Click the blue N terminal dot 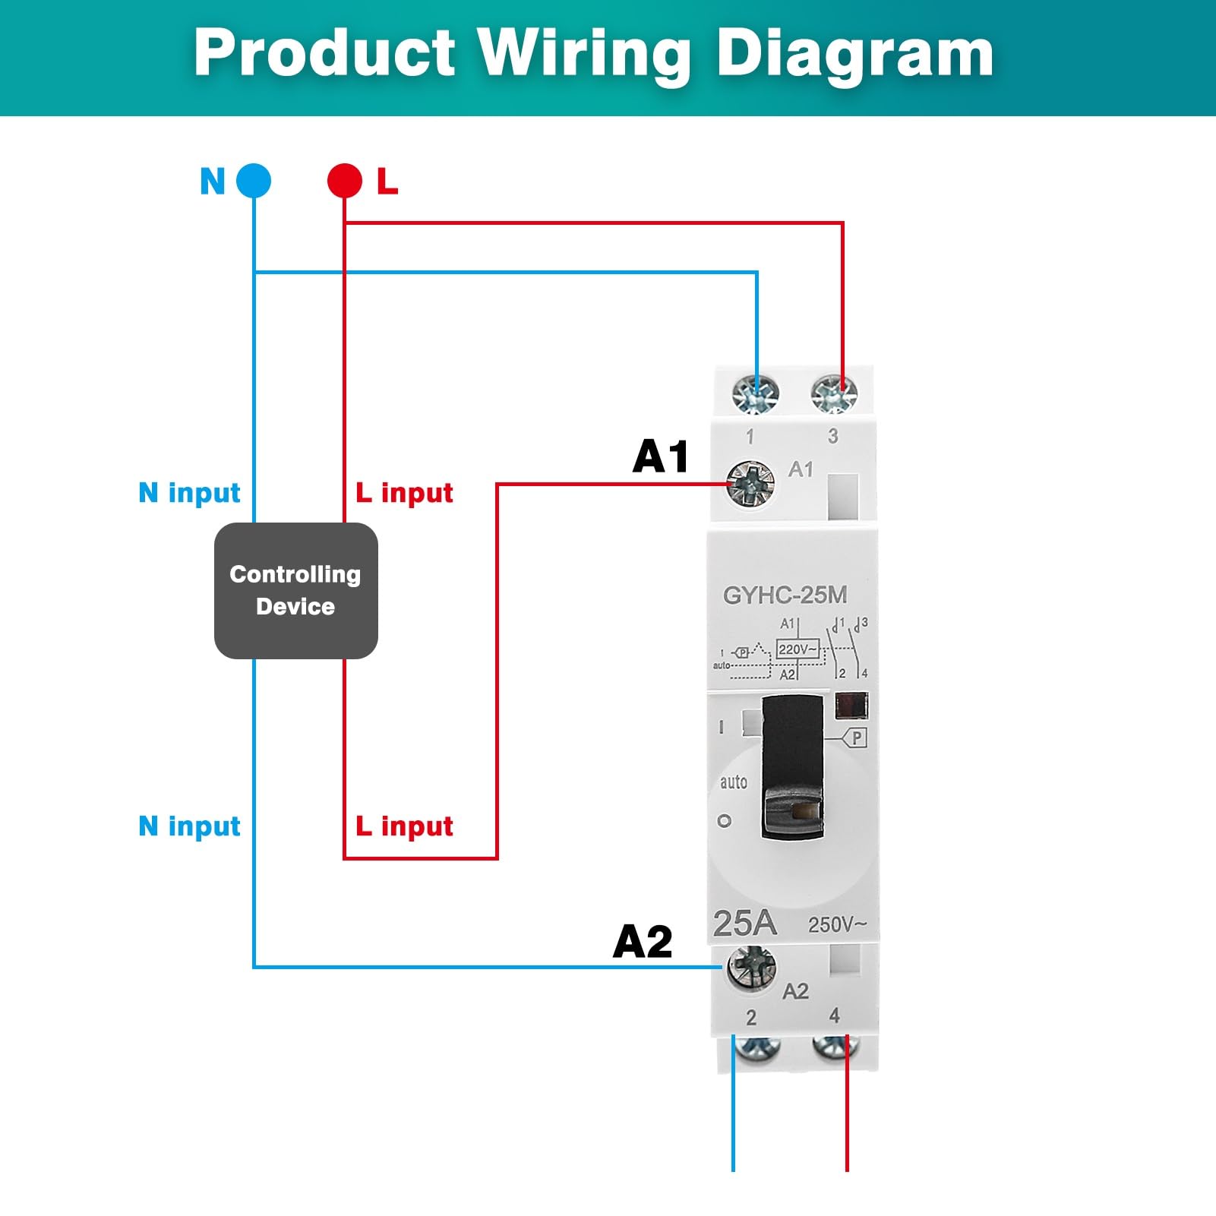(254, 181)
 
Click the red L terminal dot (345, 181)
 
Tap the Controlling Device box (296, 590)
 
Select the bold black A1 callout (661, 456)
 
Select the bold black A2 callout (643, 942)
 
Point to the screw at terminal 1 (756, 394)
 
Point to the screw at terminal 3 (834, 394)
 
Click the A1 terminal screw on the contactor (750, 483)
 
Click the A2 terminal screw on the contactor (752, 968)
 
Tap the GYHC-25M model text (785, 595)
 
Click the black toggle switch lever (792, 767)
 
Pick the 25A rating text (744, 923)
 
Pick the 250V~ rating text (837, 924)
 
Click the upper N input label (189, 493)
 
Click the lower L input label (404, 826)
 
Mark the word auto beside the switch (733, 782)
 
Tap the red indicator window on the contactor (851, 705)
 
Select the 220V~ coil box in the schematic (798, 649)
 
